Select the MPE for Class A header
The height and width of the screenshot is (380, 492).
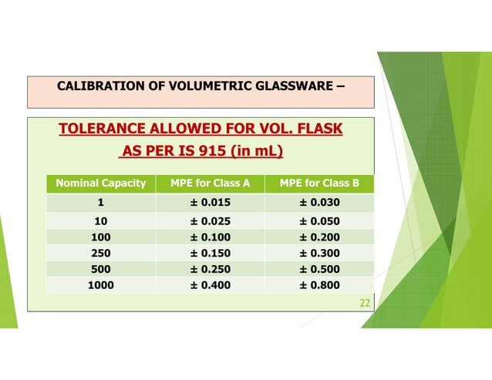click(x=210, y=183)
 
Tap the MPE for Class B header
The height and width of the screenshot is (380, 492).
click(x=319, y=183)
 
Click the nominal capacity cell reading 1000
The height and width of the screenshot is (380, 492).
click(x=100, y=285)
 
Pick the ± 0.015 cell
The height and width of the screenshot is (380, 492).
click(x=210, y=203)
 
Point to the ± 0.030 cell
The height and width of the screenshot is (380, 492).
click(x=319, y=203)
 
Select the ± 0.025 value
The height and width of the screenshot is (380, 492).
click(x=210, y=221)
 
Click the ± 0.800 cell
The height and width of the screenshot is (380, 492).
click(x=319, y=285)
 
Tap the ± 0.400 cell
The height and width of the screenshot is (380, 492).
click(x=210, y=285)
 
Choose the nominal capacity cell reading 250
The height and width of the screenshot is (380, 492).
click(x=100, y=253)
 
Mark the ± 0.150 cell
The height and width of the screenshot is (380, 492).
click(x=210, y=253)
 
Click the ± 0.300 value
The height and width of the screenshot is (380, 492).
click(x=319, y=253)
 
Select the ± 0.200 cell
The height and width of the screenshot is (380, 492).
click(x=319, y=237)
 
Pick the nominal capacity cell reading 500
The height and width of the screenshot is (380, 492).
click(x=100, y=269)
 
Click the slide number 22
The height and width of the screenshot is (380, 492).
click(x=366, y=303)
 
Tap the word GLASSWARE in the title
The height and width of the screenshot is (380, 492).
click(x=293, y=86)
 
